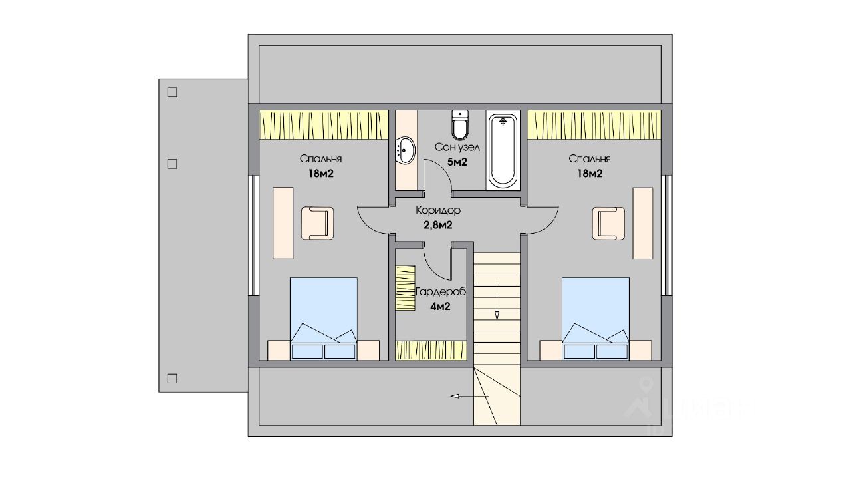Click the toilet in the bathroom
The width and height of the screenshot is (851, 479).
click(460, 125)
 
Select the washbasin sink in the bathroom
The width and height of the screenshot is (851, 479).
click(405, 150)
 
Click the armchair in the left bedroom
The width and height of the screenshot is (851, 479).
click(317, 223)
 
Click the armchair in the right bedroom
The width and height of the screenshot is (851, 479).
click(609, 223)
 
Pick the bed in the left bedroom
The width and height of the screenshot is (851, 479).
click(324, 318)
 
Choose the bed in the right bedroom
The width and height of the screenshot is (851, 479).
click(596, 318)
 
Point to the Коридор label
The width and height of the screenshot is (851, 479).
click(438, 210)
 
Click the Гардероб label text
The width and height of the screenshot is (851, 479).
click(440, 292)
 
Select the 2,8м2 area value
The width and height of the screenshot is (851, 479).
click(438, 225)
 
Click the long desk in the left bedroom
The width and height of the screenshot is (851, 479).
click(283, 223)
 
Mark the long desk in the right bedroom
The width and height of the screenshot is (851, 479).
click(642, 223)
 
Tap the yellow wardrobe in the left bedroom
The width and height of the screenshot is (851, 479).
click(324, 125)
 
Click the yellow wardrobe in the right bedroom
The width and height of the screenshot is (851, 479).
click(595, 125)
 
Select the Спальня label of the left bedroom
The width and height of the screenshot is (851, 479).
click(320, 159)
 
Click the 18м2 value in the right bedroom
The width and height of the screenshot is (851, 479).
click(589, 174)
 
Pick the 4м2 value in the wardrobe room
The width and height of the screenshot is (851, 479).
click(441, 307)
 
